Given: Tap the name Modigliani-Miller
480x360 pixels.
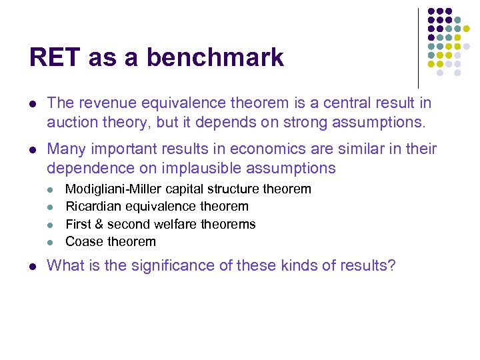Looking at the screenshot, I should click(x=114, y=189).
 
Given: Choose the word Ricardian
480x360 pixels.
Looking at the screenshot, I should click(x=95, y=207).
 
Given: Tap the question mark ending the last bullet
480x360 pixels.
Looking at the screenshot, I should click(x=391, y=266).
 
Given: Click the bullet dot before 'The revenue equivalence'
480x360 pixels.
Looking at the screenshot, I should click(x=33, y=104).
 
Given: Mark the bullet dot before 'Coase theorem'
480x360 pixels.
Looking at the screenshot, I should click(x=53, y=242).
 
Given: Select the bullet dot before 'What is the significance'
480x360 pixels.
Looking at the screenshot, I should click(x=33, y=267).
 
